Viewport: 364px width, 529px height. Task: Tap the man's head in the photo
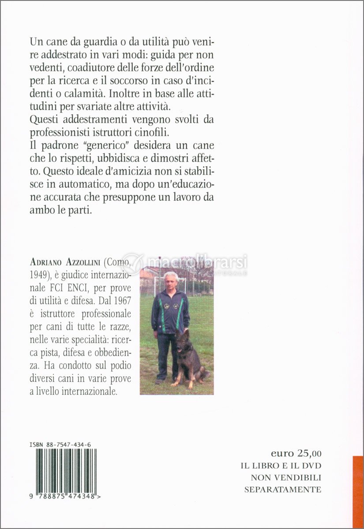(171, 279)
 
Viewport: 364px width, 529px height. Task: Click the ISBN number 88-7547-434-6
(68, 445)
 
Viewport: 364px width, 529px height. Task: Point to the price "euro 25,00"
(296, 453)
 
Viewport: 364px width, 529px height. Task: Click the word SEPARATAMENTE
(283, 489)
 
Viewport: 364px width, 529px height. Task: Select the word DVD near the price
(311, 466)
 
